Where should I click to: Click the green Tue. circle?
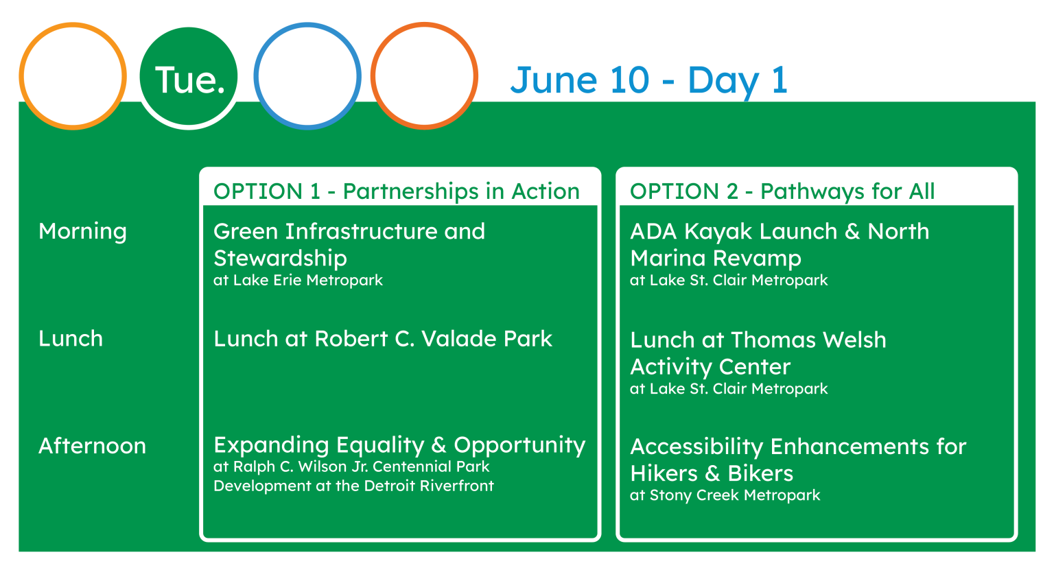(x=189, y=76)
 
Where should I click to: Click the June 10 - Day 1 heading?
(x=649, y=81)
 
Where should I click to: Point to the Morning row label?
(x=83, y=232)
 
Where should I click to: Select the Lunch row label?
(x=71, y=339)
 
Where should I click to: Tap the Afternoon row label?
(x=92, y=446)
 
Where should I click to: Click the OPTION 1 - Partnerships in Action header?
(x=396, y=191)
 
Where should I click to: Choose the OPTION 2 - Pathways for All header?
(x=782, y=191)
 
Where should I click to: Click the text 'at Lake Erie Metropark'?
(x=298, y=281)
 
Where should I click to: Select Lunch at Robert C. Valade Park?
(x=382, y=339)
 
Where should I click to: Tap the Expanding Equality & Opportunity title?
(x=399, y=446)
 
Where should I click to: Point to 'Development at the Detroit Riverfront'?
(x=353, y=486)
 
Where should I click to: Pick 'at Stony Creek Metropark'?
(x=725, y=495)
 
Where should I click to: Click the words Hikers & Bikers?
(x=712, y=473)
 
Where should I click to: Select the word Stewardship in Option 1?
(x=280, y=259)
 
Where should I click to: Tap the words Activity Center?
(x=710, y=367)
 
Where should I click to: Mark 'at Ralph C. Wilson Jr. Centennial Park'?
(x=351, y=466)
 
